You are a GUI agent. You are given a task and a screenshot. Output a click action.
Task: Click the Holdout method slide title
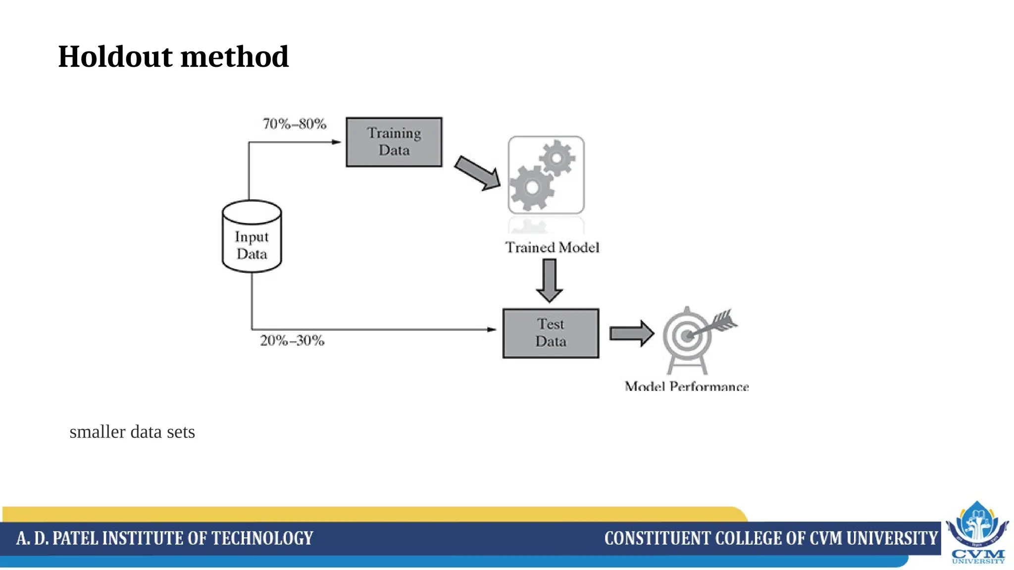pos(173,56)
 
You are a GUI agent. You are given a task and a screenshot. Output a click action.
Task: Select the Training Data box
pos(394,142)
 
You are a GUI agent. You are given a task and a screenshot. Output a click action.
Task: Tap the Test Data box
pos(551,333)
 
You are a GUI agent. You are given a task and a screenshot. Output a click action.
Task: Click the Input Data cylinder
pos(252,237)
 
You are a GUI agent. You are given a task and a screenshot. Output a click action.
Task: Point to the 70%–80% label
pos(295,124)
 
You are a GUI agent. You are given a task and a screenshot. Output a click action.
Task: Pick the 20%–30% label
pos(293,340)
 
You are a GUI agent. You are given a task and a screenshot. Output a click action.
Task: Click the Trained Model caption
pos(552,247)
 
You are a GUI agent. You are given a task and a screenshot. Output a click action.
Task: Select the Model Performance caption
pos(687,386)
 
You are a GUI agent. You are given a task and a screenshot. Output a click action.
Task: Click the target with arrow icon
pos(693,336)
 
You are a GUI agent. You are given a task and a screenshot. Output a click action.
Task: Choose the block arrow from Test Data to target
pos(632,333)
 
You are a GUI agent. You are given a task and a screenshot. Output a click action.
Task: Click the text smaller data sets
pos(132,432)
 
